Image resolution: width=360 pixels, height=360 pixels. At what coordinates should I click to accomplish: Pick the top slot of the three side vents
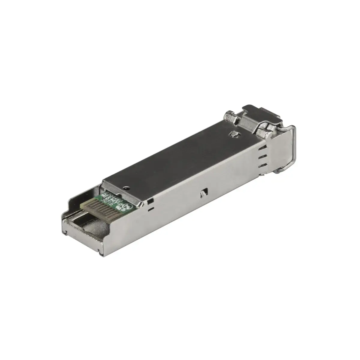click(x=263, y=148)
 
